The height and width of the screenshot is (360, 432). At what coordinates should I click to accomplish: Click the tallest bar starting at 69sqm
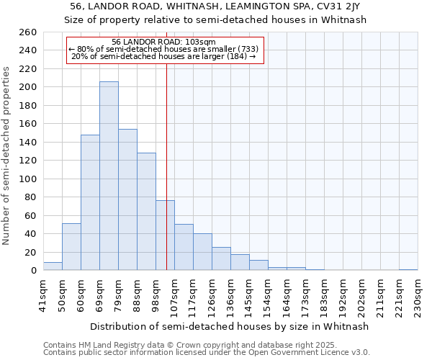[109, 176]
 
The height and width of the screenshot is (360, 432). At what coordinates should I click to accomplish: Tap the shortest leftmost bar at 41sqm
[53, 266]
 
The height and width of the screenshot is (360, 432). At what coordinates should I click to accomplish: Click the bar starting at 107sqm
[184, 248]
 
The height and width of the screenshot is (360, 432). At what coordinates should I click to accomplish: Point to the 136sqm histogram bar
[240, 263]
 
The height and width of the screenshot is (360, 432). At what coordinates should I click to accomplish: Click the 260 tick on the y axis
[29, 32]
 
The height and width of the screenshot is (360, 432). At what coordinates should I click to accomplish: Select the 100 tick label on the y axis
[29, 179]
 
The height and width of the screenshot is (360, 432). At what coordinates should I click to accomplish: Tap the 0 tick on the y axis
[34, 271]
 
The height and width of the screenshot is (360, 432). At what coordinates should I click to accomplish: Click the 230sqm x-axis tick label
[418, 297]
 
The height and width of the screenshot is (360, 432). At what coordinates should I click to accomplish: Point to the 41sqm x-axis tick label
[44, 297]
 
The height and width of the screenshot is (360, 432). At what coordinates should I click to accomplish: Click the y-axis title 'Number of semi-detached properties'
[7, 156]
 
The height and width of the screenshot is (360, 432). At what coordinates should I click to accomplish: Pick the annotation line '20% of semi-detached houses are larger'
[164, 56]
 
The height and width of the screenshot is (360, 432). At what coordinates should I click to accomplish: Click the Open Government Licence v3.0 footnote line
[206, 353]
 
